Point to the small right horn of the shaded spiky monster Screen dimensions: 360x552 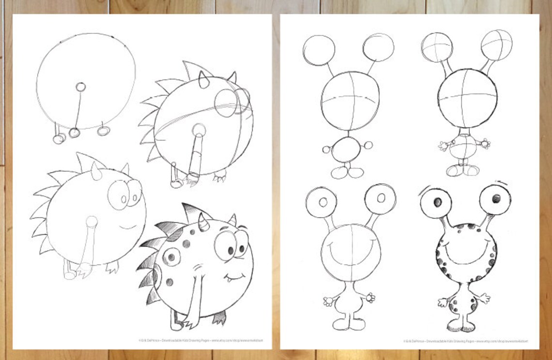[233, 220]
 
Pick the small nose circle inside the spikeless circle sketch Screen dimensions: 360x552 [81, 87]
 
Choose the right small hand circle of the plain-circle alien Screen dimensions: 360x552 [368, 145]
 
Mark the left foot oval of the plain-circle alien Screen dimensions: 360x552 [338, 173]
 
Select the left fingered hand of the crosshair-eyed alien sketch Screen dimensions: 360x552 [444, 145]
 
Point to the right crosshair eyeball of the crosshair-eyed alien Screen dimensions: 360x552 [497, 45]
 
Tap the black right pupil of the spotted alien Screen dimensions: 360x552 [496, 198]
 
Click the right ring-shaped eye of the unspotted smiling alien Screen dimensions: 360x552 [381, 198]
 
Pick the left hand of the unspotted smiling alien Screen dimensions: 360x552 [329, 301]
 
